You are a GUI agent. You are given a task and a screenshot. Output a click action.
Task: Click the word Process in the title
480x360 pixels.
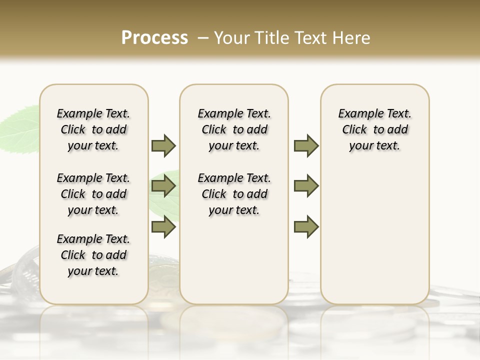pyautogui.click(x=154, y=38)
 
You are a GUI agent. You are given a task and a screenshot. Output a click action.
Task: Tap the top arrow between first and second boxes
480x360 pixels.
pyautogui.click(x=163, y=145)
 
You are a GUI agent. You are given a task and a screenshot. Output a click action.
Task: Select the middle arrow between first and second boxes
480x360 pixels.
pyautogui.click(x=163, y=186)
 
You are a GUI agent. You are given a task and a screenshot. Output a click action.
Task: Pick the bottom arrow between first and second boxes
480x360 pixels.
pyautogui.click(x=163, y=227)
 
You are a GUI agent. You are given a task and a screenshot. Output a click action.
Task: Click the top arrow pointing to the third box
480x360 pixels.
pyautogui.click(x=306, y=145)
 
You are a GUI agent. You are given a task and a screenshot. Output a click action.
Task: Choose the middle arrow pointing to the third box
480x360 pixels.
pyautogui.click(x=306, y=186)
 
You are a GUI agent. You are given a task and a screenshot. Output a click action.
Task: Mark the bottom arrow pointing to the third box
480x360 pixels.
pyautogui.click(x=306, y=227)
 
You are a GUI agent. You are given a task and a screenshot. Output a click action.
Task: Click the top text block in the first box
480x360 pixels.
pyautogui.click(x=93, y=129)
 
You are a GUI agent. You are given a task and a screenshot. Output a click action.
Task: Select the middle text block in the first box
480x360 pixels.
pyautogui.click(x=93, y=194)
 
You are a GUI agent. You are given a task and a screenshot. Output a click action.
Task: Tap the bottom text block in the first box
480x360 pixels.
pyautogui.click(x=93, y=255)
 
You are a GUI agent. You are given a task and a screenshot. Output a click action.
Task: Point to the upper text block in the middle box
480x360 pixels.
pyautogui.click(x=234, y=129)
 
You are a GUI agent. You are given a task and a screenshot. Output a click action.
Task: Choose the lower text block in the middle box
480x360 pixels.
pyautogui.click(x=234, y=194)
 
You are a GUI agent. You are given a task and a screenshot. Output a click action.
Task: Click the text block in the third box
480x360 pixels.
pyautogui.click(x=375, y=129)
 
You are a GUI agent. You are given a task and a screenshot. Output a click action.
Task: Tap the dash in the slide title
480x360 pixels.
pyautogui.click(x=203, y=38)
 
